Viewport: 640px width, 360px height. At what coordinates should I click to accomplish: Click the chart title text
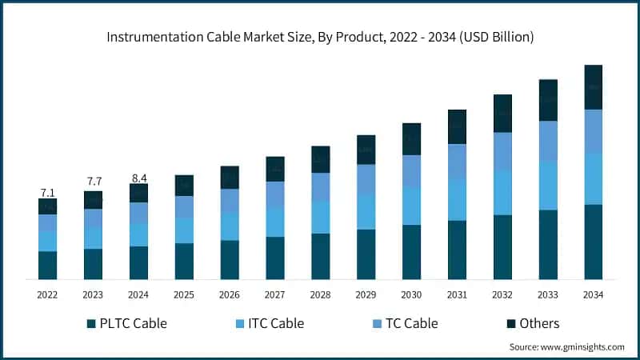tap(320, 37)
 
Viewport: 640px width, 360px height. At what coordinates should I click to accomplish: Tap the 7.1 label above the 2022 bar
tap(47, 193)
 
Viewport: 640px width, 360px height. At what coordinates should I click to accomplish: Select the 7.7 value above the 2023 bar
tap(93, 182)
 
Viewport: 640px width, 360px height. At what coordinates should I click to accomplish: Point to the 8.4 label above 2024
tap(138, 178)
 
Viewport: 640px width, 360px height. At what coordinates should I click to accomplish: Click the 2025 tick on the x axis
tap(184, 295)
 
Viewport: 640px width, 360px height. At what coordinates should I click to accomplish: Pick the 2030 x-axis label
tap(411, 295)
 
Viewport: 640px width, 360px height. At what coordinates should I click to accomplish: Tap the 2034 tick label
tap(593, 295)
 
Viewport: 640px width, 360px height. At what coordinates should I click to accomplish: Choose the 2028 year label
tap(320, 295)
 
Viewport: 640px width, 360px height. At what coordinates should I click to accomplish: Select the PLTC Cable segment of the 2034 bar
tap(593, 242)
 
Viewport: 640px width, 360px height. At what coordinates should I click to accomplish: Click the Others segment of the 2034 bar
tap(593, 87)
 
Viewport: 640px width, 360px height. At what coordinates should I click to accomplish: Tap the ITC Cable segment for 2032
tap(502, 193)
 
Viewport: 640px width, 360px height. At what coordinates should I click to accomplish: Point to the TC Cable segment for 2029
tap(366, 179)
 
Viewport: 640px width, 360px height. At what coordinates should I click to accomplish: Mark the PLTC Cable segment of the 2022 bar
tap(47, 265)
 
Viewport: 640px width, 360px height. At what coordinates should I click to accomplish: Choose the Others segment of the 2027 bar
tap(275, 169)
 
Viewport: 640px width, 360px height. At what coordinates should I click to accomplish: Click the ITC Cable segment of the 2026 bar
tap(230, 226)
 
